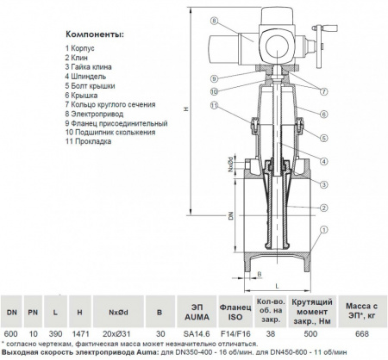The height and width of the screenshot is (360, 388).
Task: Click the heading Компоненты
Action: [x=95, y=34]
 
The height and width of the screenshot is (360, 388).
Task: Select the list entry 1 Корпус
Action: [x=79, y=48]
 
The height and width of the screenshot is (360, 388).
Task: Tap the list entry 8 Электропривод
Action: [x=94, y=114]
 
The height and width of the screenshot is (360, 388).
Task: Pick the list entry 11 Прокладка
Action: [x=88, y=141]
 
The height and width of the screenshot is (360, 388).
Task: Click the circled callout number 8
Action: [x=215, y=21]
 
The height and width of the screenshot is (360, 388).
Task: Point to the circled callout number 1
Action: [x=324, y=230]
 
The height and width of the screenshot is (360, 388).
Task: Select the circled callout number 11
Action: [x=215, y=105]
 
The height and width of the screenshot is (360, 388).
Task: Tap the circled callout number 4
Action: [x=324, y=162]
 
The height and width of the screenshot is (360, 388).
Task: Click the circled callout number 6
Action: [x=324, y=115]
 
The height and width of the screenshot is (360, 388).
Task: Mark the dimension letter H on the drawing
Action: [x=186, y=109]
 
